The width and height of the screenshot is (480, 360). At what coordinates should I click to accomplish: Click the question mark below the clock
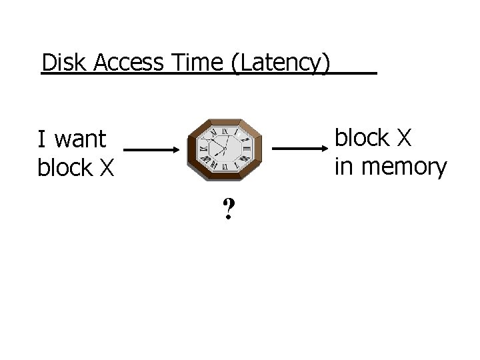(x=229, y=211)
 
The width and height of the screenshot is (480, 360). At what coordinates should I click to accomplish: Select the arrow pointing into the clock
(x=152, y=150)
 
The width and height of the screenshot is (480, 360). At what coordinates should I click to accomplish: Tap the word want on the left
(x=81, y=140)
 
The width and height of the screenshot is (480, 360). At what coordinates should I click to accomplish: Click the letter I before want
(x=42, y=139)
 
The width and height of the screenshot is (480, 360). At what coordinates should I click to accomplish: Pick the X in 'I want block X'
(x=107, y=169)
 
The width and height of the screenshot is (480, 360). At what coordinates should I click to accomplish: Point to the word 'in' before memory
(x=344, y=167)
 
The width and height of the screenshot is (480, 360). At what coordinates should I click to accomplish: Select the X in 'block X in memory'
(x=404, y=138)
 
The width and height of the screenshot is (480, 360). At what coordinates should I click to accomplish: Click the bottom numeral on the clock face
(x=225, y=168)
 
